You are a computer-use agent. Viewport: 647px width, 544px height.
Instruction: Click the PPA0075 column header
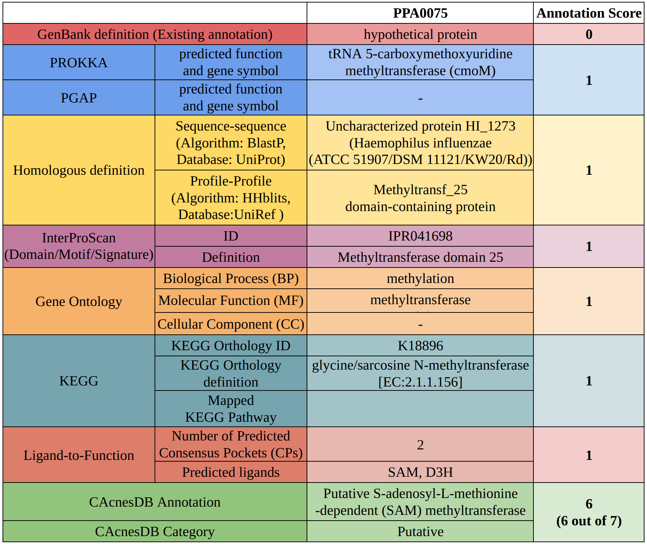420,13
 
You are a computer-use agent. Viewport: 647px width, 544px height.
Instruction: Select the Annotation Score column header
589,13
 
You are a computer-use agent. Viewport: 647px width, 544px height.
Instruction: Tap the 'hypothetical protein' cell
420,35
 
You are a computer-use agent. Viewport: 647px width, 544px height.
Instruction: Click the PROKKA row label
79,63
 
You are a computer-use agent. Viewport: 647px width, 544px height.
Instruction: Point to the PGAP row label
79,98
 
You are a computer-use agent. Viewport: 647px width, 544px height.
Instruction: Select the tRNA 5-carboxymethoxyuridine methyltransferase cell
420,62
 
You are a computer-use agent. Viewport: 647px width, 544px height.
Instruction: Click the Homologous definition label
79,170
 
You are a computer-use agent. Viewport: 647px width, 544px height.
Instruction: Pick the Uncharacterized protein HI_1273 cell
420,143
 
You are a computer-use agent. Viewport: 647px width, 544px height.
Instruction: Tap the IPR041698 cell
420,236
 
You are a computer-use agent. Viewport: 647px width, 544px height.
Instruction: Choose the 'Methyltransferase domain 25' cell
420,257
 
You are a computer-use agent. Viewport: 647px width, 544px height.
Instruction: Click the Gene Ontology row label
79,301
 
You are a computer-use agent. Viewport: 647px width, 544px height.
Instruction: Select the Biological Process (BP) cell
231,279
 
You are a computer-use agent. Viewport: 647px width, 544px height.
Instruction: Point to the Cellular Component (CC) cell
231,324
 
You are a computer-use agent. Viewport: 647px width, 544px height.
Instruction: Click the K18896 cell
420,346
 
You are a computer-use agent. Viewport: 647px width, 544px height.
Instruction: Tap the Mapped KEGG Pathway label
231,409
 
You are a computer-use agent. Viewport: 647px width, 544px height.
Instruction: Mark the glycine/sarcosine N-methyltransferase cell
420,373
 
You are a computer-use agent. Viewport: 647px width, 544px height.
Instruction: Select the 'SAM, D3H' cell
420,472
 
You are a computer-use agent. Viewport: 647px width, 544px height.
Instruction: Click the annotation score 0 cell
589,35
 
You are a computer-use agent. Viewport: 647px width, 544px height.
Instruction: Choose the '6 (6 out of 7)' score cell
589,512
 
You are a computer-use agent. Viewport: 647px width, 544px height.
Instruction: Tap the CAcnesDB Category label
155,531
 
